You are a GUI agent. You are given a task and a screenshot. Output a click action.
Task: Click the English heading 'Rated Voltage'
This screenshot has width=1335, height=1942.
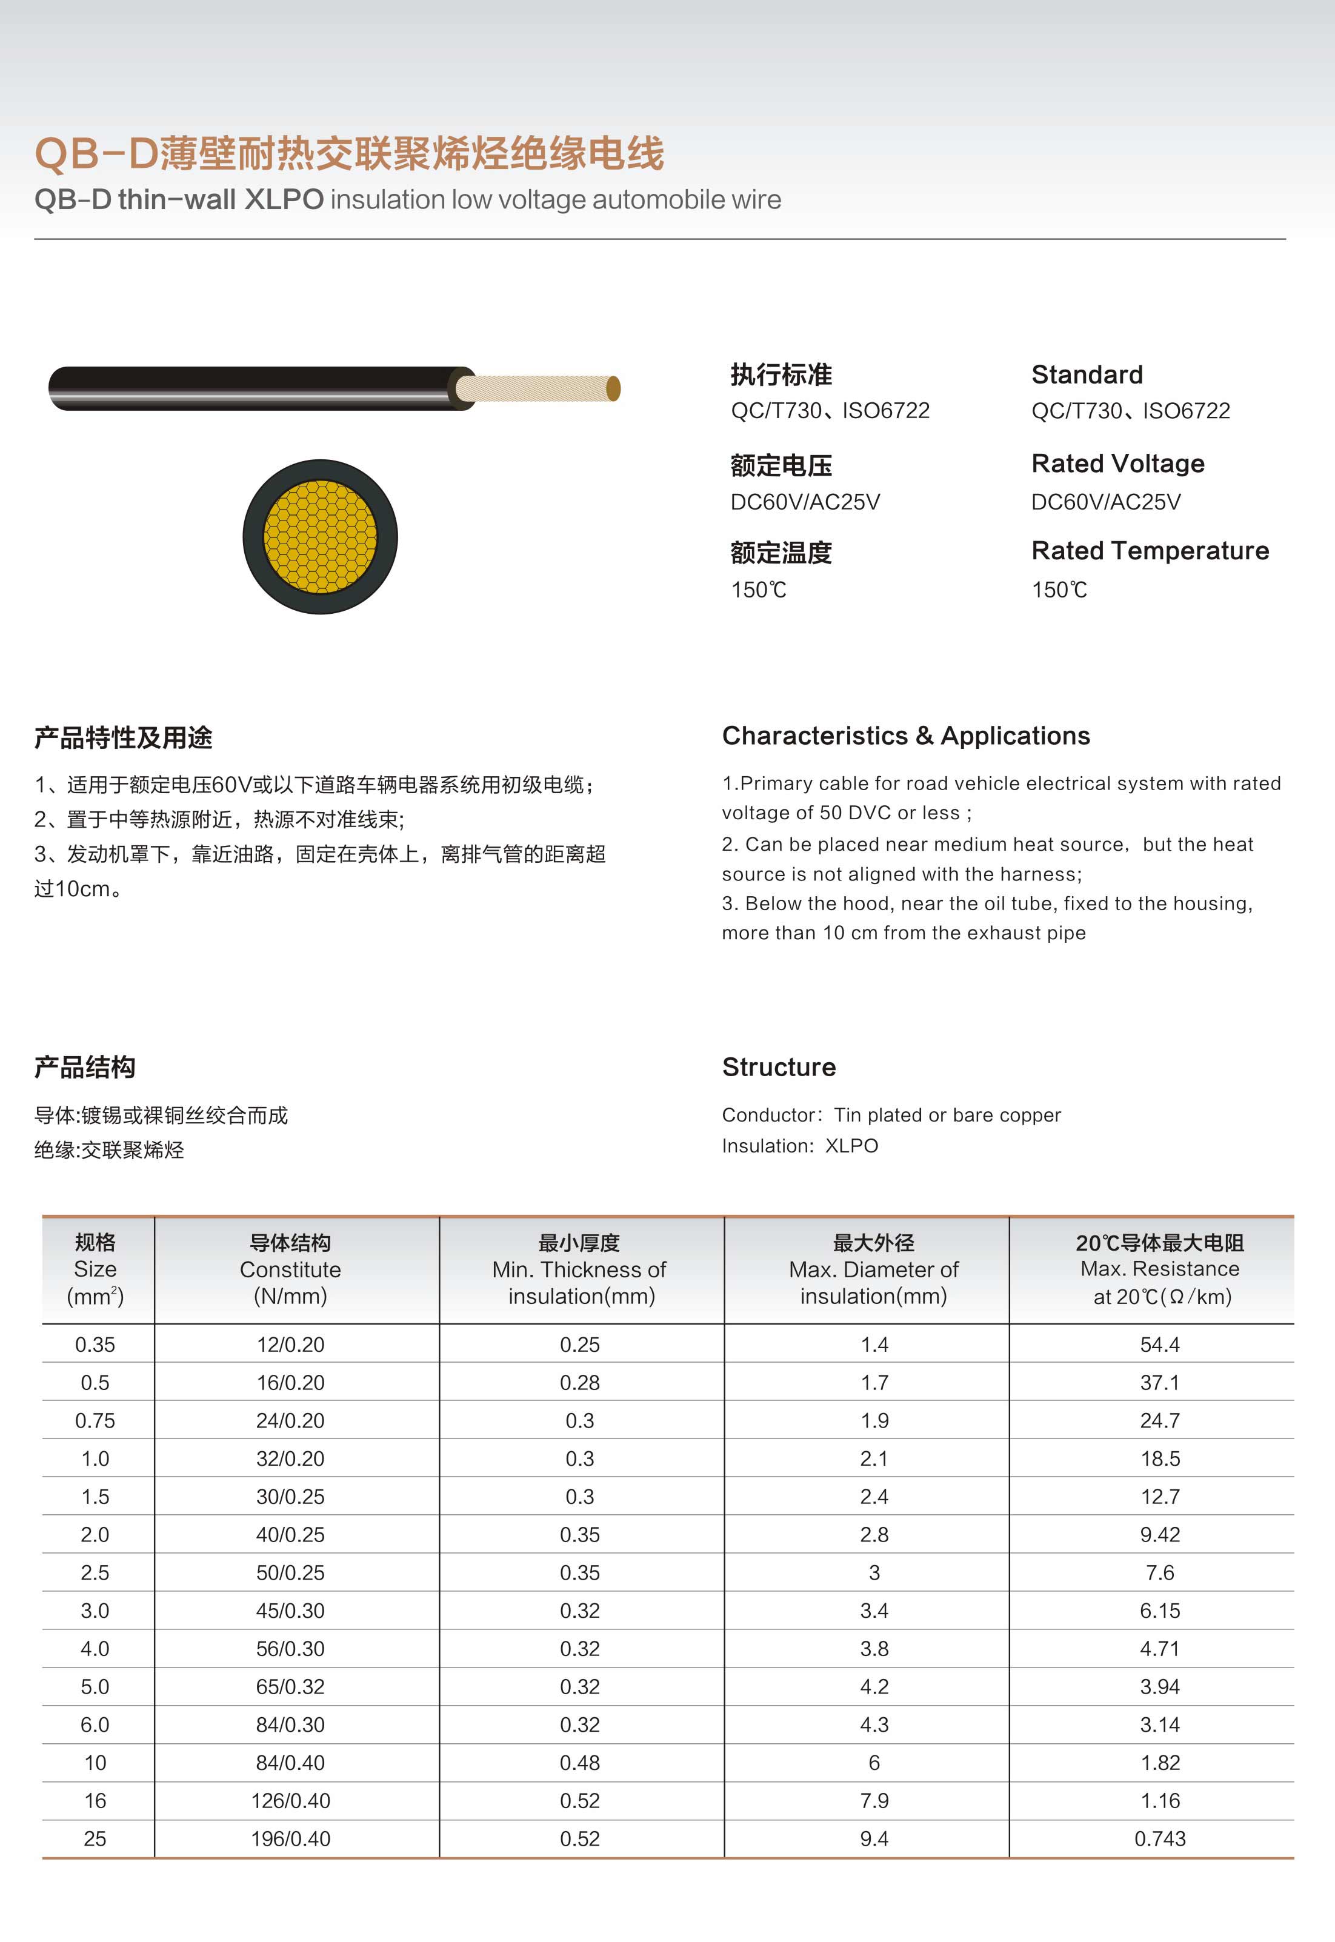click(x=1117, y=464)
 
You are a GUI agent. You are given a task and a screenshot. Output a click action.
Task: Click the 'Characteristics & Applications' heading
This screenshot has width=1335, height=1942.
click(x=906, y=736)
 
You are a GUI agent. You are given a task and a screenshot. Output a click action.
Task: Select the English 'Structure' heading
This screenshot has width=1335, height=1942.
click(x=779, y=1067)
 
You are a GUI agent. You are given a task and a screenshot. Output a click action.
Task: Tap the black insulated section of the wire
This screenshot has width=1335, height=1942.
click(x=251, y=388)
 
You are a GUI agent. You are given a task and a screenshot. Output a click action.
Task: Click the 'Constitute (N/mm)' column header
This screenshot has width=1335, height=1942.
click(x=290, y=1269)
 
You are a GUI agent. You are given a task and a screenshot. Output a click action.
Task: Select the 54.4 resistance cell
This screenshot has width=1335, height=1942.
click(x=1159, y=1345)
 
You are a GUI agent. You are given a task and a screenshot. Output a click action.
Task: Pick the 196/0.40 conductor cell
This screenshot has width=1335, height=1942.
click(x=290, y=1839)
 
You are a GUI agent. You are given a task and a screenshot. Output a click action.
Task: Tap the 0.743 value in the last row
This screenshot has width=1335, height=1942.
click(x=1159, y=1839)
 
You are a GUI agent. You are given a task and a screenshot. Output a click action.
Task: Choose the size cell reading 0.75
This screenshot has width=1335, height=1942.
click(x=95, y=1421)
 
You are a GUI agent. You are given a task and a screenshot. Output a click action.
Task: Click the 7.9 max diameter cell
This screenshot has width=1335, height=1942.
click(x=874, y=1801)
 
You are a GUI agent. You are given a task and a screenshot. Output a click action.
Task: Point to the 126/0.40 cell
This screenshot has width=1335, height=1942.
click(x=290, y=1801)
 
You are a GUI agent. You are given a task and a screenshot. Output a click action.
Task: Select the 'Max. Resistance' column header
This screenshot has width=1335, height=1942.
click(x=1159, y=1269)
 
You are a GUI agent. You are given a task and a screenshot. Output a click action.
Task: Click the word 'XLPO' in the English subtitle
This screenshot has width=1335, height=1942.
click(x=284, y=200)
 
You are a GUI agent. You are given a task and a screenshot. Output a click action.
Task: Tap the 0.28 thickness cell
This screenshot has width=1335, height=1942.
click(x=580, y=1383)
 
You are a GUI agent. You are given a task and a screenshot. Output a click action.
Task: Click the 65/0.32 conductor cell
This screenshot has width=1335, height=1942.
click(x=290, y=1687)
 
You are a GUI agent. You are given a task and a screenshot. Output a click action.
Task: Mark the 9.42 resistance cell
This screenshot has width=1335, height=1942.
click(x=1159, y=1535)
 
